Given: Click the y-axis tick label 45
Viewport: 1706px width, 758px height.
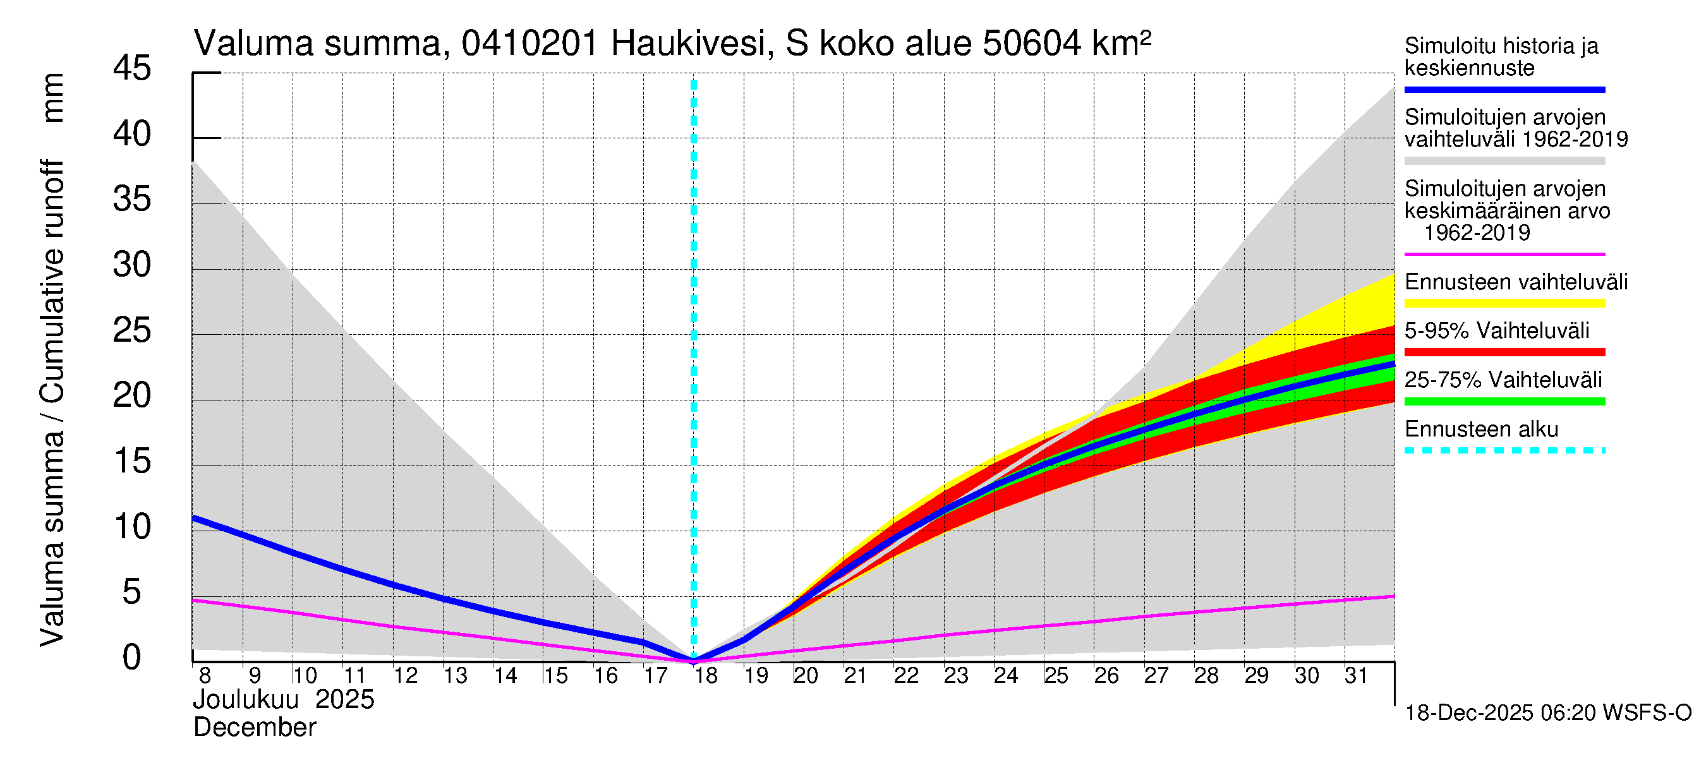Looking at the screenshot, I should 132,69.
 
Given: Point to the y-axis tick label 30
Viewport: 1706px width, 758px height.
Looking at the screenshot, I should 132,265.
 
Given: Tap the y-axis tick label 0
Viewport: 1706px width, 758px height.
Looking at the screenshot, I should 132,658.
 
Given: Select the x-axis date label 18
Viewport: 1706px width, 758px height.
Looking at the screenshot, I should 706,676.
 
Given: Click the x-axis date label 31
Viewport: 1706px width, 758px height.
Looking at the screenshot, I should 1357,676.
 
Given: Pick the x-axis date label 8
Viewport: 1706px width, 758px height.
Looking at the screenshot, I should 205,676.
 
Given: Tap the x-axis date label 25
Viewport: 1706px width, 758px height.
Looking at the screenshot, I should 1056,676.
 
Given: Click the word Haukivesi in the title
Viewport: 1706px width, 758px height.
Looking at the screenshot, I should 689,44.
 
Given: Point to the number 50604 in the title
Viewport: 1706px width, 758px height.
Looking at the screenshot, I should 1032,44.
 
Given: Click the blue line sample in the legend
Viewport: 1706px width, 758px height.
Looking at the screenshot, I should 1504,89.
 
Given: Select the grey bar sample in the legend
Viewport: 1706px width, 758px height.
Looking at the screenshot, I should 1504,161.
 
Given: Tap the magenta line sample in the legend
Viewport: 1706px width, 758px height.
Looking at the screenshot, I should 1504,254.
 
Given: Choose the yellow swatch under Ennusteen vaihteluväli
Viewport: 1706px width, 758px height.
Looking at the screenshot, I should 1504,304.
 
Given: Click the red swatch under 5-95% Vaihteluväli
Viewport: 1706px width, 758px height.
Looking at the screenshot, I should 1504,352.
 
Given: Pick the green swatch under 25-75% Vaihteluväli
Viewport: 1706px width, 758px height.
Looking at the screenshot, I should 1504,401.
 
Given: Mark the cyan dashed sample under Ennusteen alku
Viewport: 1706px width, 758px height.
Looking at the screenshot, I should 1504,451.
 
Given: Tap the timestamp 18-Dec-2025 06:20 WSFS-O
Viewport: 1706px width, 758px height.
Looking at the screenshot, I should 1547,713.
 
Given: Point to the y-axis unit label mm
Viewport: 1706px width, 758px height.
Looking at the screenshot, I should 53,98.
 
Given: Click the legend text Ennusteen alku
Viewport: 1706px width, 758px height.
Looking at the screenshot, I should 1481,430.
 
